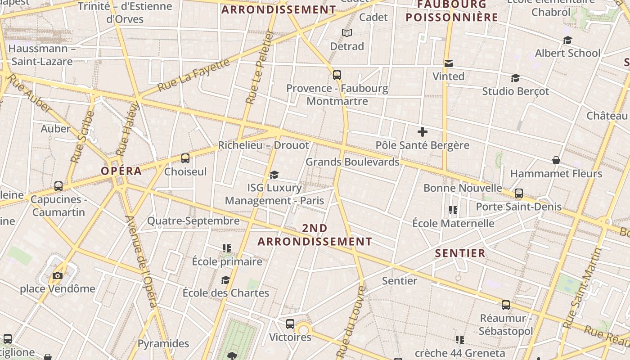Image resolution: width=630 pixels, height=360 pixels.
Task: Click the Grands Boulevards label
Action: click(x=352, y=162)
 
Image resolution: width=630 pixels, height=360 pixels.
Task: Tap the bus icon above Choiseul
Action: click(x=185, y=158)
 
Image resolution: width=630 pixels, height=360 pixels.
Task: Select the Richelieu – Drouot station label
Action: click(x=264, y=145)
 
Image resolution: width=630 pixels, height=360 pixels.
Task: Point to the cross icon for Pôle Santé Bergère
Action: click(x=422, y=132)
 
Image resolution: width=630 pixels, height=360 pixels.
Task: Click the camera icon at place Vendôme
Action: click(x=58, y=275)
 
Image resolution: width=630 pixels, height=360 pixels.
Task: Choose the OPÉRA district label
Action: click(x=121, y=171)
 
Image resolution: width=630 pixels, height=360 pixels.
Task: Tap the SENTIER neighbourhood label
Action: click(x=460, y=253)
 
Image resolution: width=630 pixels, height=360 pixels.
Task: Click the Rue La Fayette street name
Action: click(x=193, y=75)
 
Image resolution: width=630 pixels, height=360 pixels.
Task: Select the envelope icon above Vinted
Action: click(x=449, y=63)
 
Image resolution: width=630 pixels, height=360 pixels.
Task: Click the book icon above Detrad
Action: click(x=346, y=33)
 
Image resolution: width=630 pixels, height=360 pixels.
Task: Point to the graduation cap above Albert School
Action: click(x=567, y=40)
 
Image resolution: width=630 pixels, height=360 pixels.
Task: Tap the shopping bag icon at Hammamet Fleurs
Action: click(x=556, y=160)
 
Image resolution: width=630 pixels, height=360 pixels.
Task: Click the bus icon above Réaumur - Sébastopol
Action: click(x=506, y=305)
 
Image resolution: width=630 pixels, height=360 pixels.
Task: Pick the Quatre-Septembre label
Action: click(x=193, y=221)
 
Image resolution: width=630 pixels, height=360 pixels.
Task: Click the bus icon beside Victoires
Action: click(x=290, y=324)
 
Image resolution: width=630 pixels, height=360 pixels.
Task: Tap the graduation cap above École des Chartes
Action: click(x=225, y=280)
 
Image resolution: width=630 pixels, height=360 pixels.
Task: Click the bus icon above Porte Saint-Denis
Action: click(x=519, y=193)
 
